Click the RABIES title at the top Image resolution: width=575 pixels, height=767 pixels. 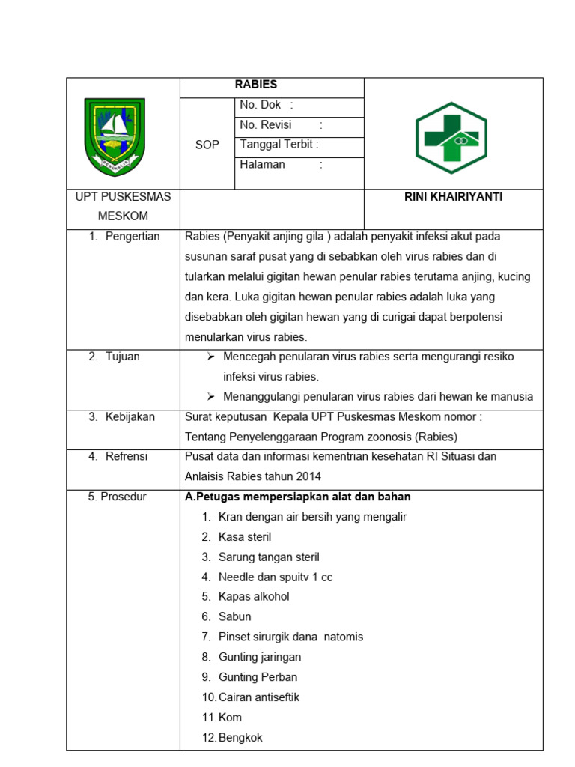(256, 85)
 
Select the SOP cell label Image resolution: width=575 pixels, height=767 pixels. (207, 145)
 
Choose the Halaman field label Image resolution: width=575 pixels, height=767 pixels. (263, 164)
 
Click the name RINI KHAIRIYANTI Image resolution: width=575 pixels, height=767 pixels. (453, 197)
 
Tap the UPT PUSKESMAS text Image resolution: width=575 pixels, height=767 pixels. (123, 197)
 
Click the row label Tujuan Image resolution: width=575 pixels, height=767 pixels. (123, 357)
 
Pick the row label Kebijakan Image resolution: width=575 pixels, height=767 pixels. (130, 416)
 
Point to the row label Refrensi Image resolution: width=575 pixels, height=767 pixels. (127, 456)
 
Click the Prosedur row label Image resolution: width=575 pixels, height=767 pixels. (118, 497)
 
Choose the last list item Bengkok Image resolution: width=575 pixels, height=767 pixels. (240, 737)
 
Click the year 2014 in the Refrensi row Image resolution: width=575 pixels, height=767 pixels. (309, 476)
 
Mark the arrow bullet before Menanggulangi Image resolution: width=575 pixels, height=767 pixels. (211, 396)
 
